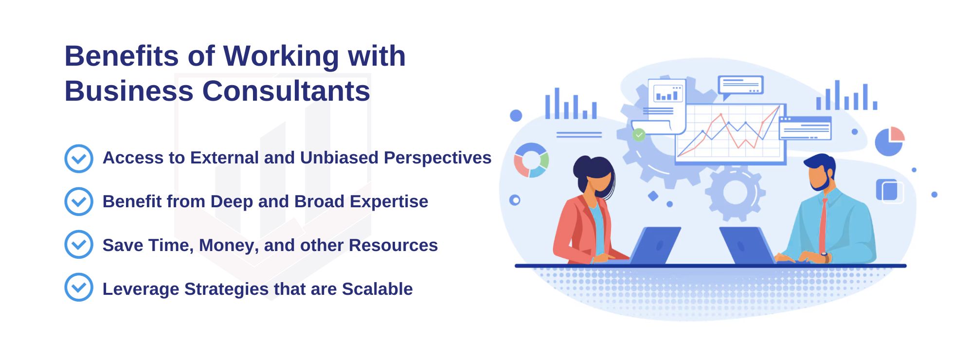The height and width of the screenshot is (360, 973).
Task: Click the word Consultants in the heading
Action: (286, 91)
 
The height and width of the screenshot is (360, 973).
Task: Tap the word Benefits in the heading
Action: (122, 56)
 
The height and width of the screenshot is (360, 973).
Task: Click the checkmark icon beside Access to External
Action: (79, 159)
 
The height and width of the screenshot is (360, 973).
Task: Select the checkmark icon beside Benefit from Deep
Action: (79, 201)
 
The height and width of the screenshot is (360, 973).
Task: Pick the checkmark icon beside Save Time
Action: (79, 244)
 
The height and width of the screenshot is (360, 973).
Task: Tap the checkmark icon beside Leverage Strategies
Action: (79, 287)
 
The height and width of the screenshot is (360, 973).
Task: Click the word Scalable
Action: (377, 289)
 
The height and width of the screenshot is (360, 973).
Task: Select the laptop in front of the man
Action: (747, 246)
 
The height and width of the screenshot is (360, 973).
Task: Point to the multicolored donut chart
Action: (531, 160)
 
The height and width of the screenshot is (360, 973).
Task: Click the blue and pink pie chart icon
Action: (890, 141)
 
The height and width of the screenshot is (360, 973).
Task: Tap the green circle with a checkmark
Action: (639, 134)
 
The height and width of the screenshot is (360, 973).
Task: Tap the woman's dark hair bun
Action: (581, 168)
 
